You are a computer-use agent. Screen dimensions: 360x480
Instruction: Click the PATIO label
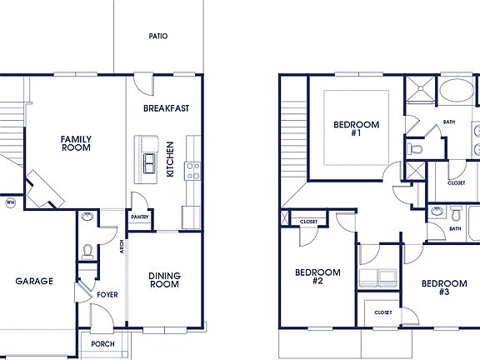point(157,37)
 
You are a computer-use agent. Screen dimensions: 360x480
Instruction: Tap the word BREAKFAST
point(166,108)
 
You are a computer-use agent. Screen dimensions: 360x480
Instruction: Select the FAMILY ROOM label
point(76,143)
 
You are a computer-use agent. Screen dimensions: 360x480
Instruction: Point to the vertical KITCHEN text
point(170,158)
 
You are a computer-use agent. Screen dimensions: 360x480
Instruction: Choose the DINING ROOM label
point(164,280)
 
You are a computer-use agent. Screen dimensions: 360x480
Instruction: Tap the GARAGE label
point(34,282)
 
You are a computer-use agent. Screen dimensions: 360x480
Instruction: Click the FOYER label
point(107,294)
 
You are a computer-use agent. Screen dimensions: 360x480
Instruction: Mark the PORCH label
point(103,344)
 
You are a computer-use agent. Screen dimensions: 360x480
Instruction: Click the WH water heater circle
point(10,202)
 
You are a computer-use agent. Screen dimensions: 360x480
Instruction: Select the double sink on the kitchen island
point(150,162)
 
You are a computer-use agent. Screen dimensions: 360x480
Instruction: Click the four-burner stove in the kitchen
point(193,170)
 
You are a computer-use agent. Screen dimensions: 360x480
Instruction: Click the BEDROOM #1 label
point(356,129)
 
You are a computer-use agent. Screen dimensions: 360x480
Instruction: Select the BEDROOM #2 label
point(317,277)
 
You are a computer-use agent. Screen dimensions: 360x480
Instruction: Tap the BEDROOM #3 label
point(443,287)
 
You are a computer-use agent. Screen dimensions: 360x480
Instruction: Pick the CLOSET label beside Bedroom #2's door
point(308,222)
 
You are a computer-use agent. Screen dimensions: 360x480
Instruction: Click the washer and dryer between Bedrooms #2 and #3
point(378,277)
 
